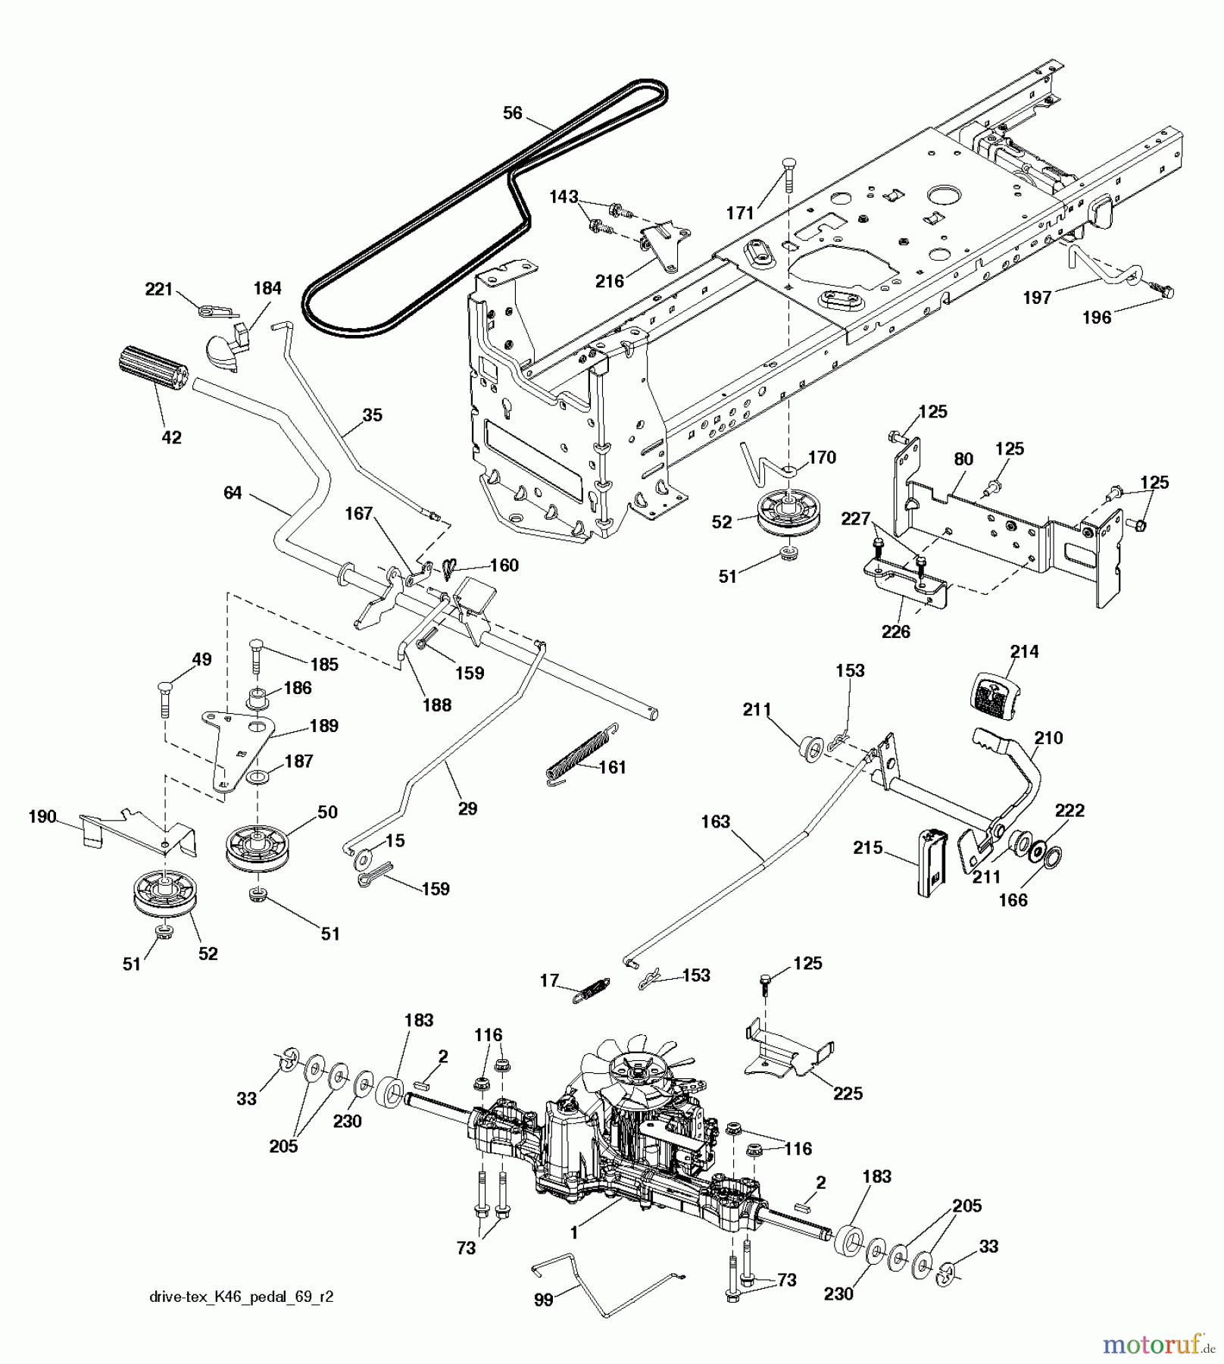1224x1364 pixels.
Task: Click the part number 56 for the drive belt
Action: click(x=513, y=113)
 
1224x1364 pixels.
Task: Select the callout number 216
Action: click(x=610, y=282)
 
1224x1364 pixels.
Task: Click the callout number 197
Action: click(x=1037, y=297)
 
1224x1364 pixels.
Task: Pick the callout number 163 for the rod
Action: click(x=716, y=821)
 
